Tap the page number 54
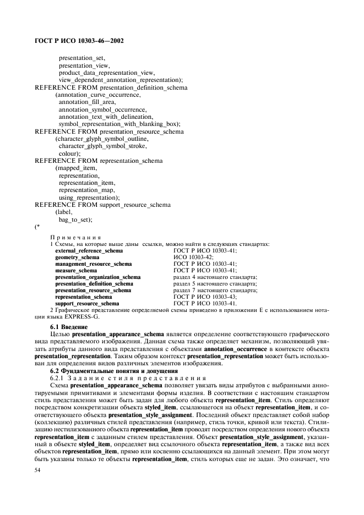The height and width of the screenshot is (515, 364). coord(38,470)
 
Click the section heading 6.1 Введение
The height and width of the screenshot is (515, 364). coord(69,327)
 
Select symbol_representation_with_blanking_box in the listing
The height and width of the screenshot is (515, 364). coord(118,124)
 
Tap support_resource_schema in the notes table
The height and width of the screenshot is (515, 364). coord(87,303)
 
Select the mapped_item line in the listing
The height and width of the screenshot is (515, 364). coord(77,168)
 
